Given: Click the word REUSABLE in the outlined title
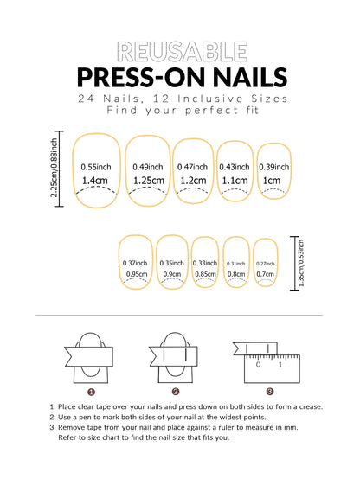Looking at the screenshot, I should [179, 51].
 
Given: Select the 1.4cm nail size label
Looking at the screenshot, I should [94, 181].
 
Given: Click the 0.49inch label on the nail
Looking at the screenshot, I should [145, 166].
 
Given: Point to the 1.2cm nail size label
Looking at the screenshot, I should [193, 181].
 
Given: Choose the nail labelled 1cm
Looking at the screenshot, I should [272, 181].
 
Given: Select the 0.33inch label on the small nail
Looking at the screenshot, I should [204, 263].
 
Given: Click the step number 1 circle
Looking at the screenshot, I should [91, 391].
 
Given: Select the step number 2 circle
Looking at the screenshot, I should [175, 391].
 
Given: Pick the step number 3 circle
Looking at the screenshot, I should [269, 391].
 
